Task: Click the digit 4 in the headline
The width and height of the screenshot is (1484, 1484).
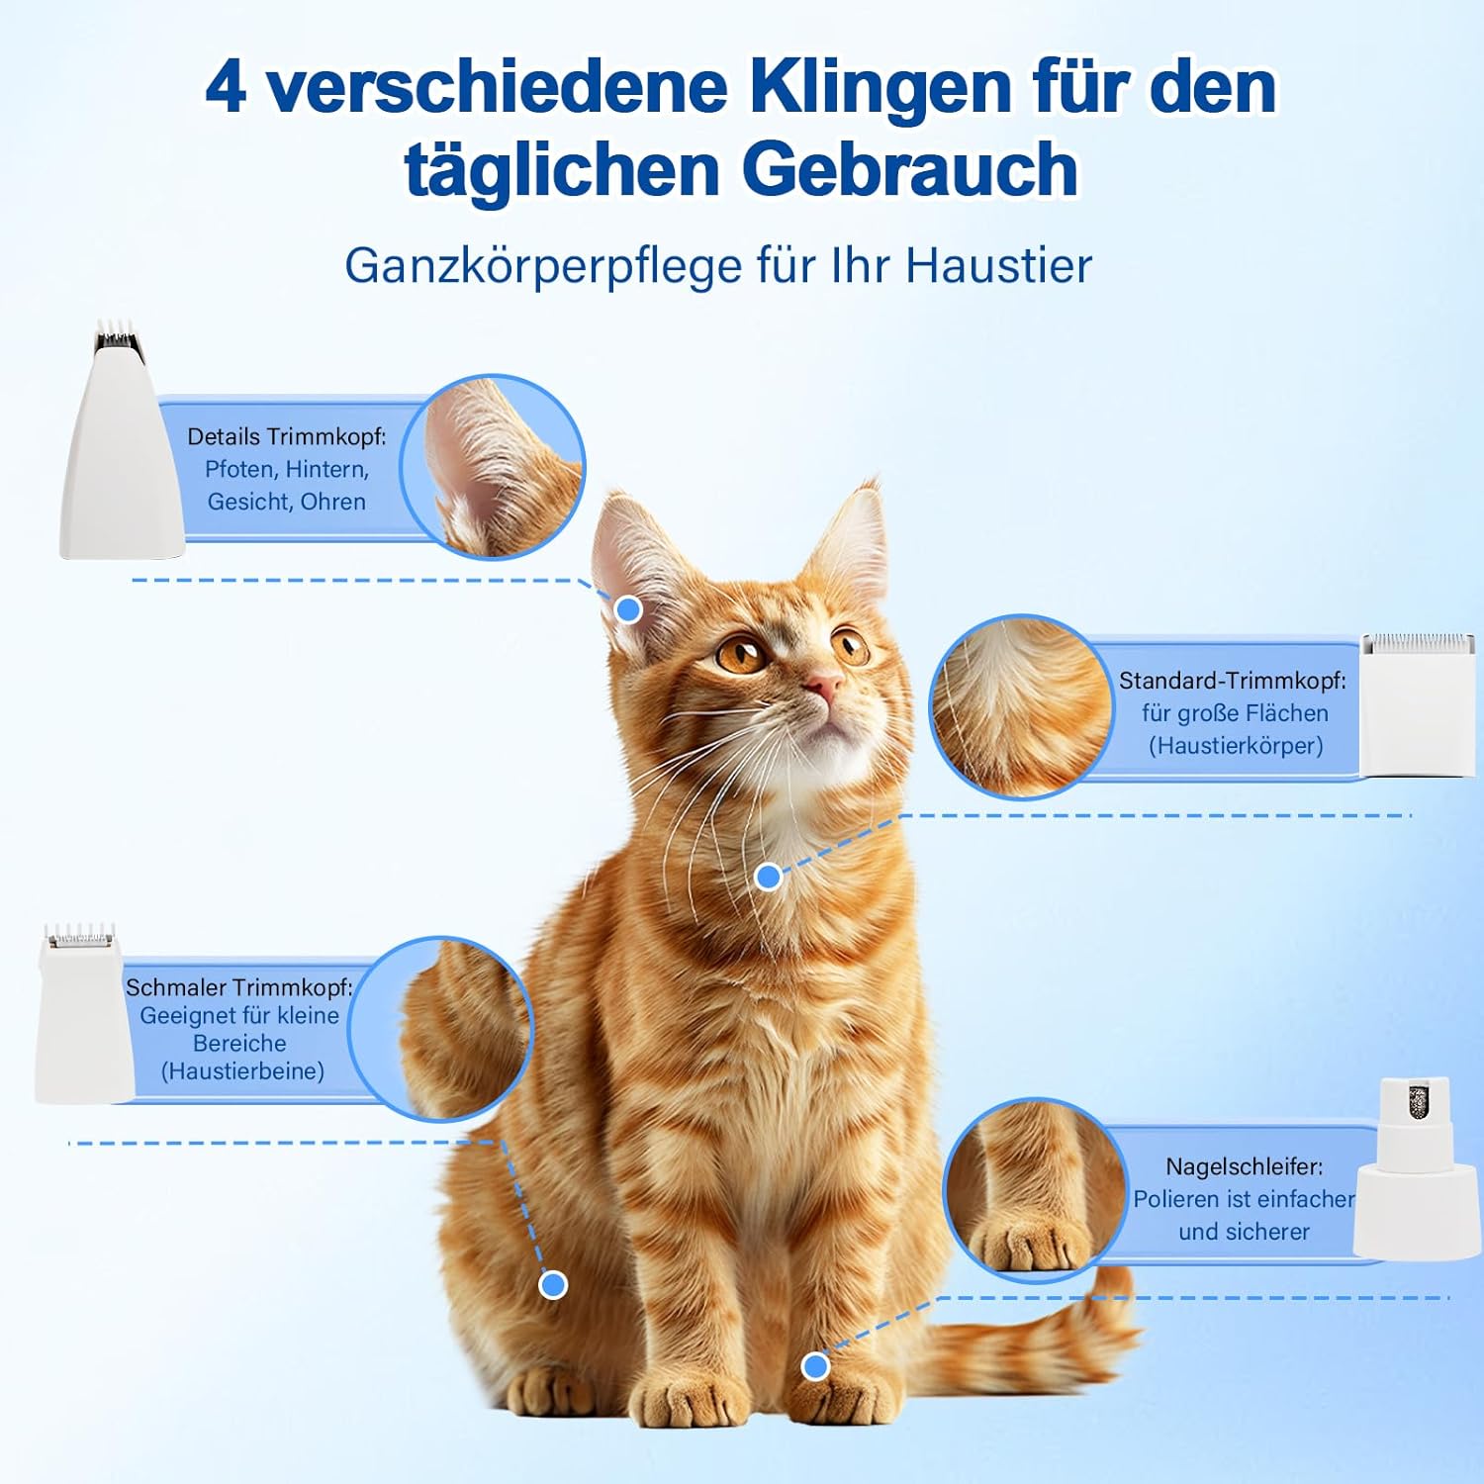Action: click(x=226, y=87)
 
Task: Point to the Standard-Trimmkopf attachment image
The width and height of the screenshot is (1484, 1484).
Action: click(x=1418, y=704)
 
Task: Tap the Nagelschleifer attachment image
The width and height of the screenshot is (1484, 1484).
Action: click(x=1416, y=1169)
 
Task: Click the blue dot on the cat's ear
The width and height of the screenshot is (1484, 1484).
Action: click(x=628, y=609)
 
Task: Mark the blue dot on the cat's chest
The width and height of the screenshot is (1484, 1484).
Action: click(x=769, y=877)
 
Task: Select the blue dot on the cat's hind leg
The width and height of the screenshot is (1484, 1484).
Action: click(x=553, y=1285)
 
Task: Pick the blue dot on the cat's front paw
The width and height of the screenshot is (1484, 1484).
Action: click(x=815, y=1366)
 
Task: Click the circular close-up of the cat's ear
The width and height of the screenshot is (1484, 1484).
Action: click(x=492, y=466)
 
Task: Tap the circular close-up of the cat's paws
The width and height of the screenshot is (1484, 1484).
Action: click(x=1035, y=1189)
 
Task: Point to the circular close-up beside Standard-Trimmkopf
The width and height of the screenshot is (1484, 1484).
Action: click(x=1021, y=706)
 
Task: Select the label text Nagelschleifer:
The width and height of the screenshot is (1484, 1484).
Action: click(x=1244, y=1167)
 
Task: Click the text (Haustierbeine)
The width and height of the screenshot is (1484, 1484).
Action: click(x=242, y=1071)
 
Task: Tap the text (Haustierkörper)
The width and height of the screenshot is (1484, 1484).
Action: click(x=1236, y=746)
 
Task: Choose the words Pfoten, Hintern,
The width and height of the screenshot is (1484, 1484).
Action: click(x=287, y=470)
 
